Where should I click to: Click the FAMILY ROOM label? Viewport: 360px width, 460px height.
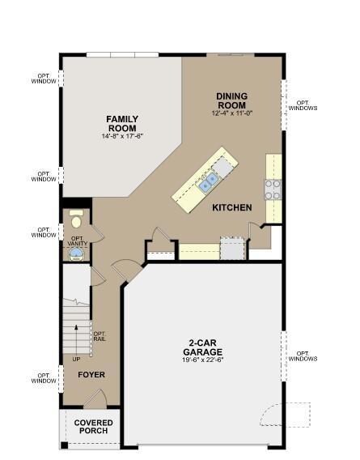(121, 124)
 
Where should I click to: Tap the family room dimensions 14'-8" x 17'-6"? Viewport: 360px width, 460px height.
(121, 136)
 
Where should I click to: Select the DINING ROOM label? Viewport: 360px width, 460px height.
(232, 101)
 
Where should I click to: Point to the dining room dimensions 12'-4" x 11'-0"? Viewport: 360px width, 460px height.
(232, 113)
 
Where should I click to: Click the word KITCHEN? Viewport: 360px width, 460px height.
(232, 208)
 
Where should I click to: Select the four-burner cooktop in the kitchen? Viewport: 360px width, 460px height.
(273, 189)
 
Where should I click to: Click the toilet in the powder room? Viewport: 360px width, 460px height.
(76, 219)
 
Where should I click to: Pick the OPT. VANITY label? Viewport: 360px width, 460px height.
(77, 241)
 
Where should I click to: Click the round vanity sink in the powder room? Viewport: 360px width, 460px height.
(76, 254)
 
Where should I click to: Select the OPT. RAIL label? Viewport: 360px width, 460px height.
(100, 336)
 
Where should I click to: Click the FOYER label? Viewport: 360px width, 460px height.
(91, 376)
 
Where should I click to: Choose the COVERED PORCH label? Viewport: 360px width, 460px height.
(94, 427)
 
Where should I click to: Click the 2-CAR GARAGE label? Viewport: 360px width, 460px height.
(202, 347)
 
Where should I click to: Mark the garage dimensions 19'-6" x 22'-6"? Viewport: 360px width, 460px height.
(202, 360)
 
